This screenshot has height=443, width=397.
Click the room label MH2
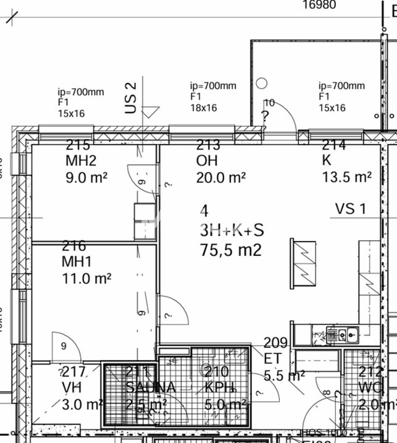[x=81, y=161]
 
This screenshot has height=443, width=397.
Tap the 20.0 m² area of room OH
[x=221, y=178]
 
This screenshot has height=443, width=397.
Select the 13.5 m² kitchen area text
[x=347, y=177]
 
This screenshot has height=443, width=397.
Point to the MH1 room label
[x=77, y=261]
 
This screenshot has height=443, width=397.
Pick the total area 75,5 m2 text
[x=231, y=250]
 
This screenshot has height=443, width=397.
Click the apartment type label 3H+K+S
[x=232, y=230]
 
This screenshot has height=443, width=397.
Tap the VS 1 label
[x=350, y=209]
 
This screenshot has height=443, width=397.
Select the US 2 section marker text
[x=131, y=98]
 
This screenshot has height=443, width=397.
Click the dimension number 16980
[x=319, y=5]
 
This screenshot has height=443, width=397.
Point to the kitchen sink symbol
[x=347, y=335]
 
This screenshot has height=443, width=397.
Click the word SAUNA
[x=151, y=387]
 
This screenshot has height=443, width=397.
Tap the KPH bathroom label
[x=221, y=387]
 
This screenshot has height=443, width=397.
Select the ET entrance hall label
[x=273, y=359]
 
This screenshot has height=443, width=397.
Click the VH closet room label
[x=72, y=387]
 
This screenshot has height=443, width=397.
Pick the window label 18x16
[x=204, y=108]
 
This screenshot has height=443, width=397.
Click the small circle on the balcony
[x=262, y=83]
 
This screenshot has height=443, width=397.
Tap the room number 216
[x=74, y=246]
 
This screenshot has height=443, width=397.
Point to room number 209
[x=276, y=343]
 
